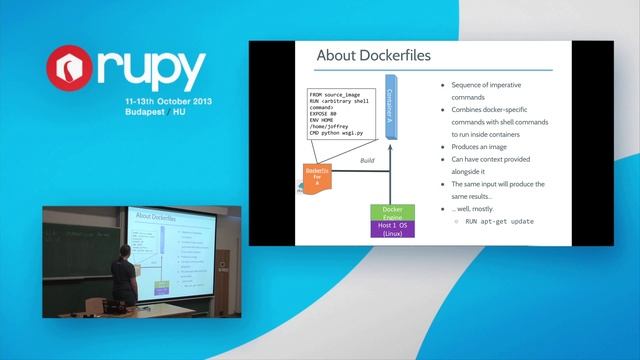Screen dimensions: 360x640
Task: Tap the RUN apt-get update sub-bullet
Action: point(498,222)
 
